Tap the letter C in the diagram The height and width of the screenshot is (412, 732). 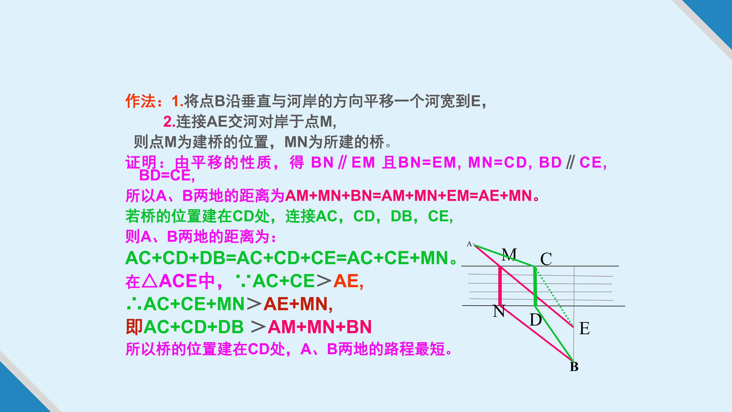click(x=546, y=259)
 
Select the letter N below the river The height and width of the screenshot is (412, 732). click(x=499, y=311)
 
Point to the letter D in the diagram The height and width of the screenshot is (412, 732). click(x=536, y=320)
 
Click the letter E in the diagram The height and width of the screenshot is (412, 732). click(x=584, y=328)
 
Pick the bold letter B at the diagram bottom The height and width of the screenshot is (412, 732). click(x=574, y=367)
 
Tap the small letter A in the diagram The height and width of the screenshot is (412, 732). click(x=469, y=244)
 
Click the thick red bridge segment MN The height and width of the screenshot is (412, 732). click(x=500, y=286)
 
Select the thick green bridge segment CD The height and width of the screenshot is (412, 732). click(x=535, y=286)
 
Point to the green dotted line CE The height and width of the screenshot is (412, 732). click(x=554, y=296)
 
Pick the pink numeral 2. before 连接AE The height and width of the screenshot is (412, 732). click(x=169, y=122)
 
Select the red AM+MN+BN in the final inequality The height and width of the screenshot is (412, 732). click(x=320, y=327)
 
